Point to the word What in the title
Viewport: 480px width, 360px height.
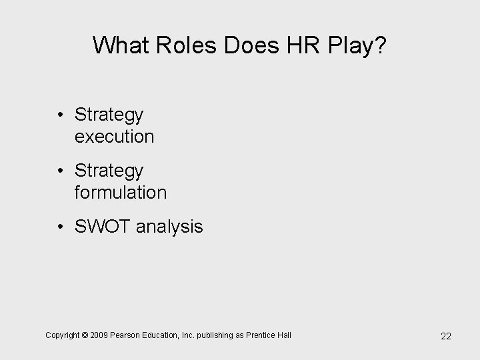114,45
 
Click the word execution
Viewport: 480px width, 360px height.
115,137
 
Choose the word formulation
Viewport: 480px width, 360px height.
121,193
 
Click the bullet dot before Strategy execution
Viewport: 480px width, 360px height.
61,116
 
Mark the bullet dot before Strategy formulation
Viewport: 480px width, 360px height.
61,172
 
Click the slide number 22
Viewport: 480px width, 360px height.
445,336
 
